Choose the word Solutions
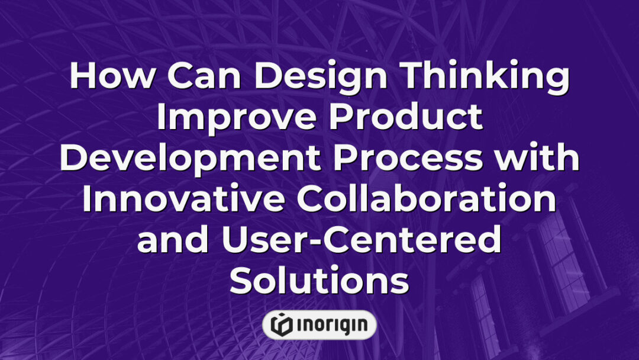[319, 280]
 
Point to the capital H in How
[83, 78]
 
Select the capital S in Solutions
[240, 280]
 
